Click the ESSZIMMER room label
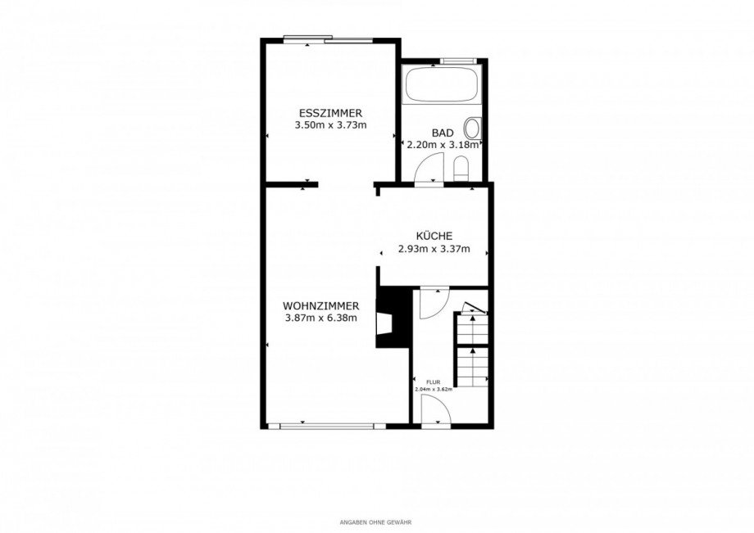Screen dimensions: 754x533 (330, 114)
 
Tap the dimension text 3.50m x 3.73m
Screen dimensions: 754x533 (330, 126)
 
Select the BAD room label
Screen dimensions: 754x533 (443, 133)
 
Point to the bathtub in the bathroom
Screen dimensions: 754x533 (442, 84)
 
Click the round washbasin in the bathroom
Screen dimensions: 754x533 (472, 129)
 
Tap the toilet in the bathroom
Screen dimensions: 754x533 (461, 168)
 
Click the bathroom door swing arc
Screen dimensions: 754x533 (429, 167)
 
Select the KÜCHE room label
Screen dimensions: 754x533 (434, 237)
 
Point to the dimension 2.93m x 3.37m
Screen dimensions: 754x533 (434, 249)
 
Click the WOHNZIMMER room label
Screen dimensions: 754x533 (320, 306)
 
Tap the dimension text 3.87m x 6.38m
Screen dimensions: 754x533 (320, 318)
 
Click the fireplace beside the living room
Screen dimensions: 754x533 (393, 317)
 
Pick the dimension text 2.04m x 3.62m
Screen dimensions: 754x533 (434, 390)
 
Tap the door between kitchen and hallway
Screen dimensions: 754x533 (434, 303)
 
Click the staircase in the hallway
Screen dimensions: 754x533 (473, 348)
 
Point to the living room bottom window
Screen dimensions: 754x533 (326, 426)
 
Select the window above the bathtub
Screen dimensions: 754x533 (458, 61)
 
